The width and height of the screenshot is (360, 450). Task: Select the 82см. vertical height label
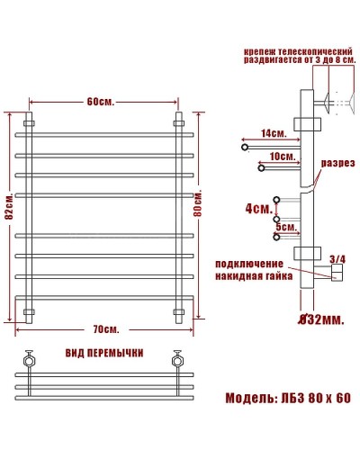click(8, 211)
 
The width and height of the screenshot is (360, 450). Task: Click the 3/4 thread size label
click(337, 258)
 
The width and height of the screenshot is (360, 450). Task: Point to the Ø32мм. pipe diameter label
click(314, 319)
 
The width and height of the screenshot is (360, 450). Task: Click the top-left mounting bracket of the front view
click(29, 121)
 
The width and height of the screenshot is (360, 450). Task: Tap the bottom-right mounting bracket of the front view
click(178, 313)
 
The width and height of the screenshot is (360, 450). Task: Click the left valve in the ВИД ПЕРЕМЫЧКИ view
click(30, 359)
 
